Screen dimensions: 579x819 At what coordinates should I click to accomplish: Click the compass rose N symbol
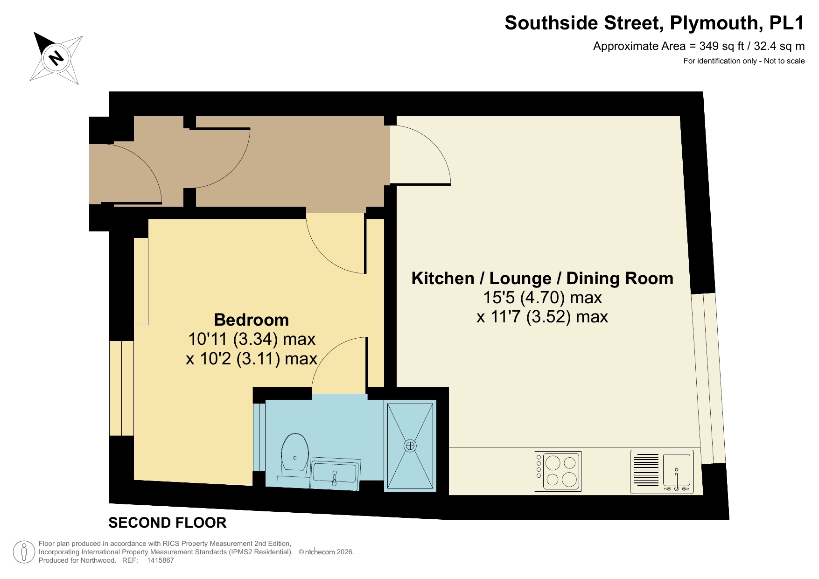click(x=56, y=58)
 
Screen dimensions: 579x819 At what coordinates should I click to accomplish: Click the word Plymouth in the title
click(x=714, y=23)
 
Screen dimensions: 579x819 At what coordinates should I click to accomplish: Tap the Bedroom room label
click(x=251, y=320)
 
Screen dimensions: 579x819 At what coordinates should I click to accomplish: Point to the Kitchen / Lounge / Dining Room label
click(x=542, y=279)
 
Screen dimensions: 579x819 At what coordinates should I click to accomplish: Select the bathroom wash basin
click(x=334, y=473)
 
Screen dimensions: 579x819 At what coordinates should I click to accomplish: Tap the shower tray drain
click(x=410, y=446)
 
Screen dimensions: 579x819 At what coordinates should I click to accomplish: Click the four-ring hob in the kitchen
click(x=558, y=471)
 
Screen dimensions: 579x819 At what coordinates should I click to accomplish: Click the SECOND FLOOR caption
click(x=168, y=523)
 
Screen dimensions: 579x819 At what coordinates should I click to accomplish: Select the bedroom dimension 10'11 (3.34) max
click(x=252, y=339)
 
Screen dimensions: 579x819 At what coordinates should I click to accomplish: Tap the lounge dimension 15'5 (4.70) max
click(x=542, y=298)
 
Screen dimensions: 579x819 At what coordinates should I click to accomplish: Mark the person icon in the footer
click(x=24, y=552)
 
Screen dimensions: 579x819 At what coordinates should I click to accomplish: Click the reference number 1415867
click(x=160, y=560)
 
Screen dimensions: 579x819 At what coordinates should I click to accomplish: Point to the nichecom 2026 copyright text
click(x=326, y=552)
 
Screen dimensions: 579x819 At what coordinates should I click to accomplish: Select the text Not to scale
click(x=784, y=61)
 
